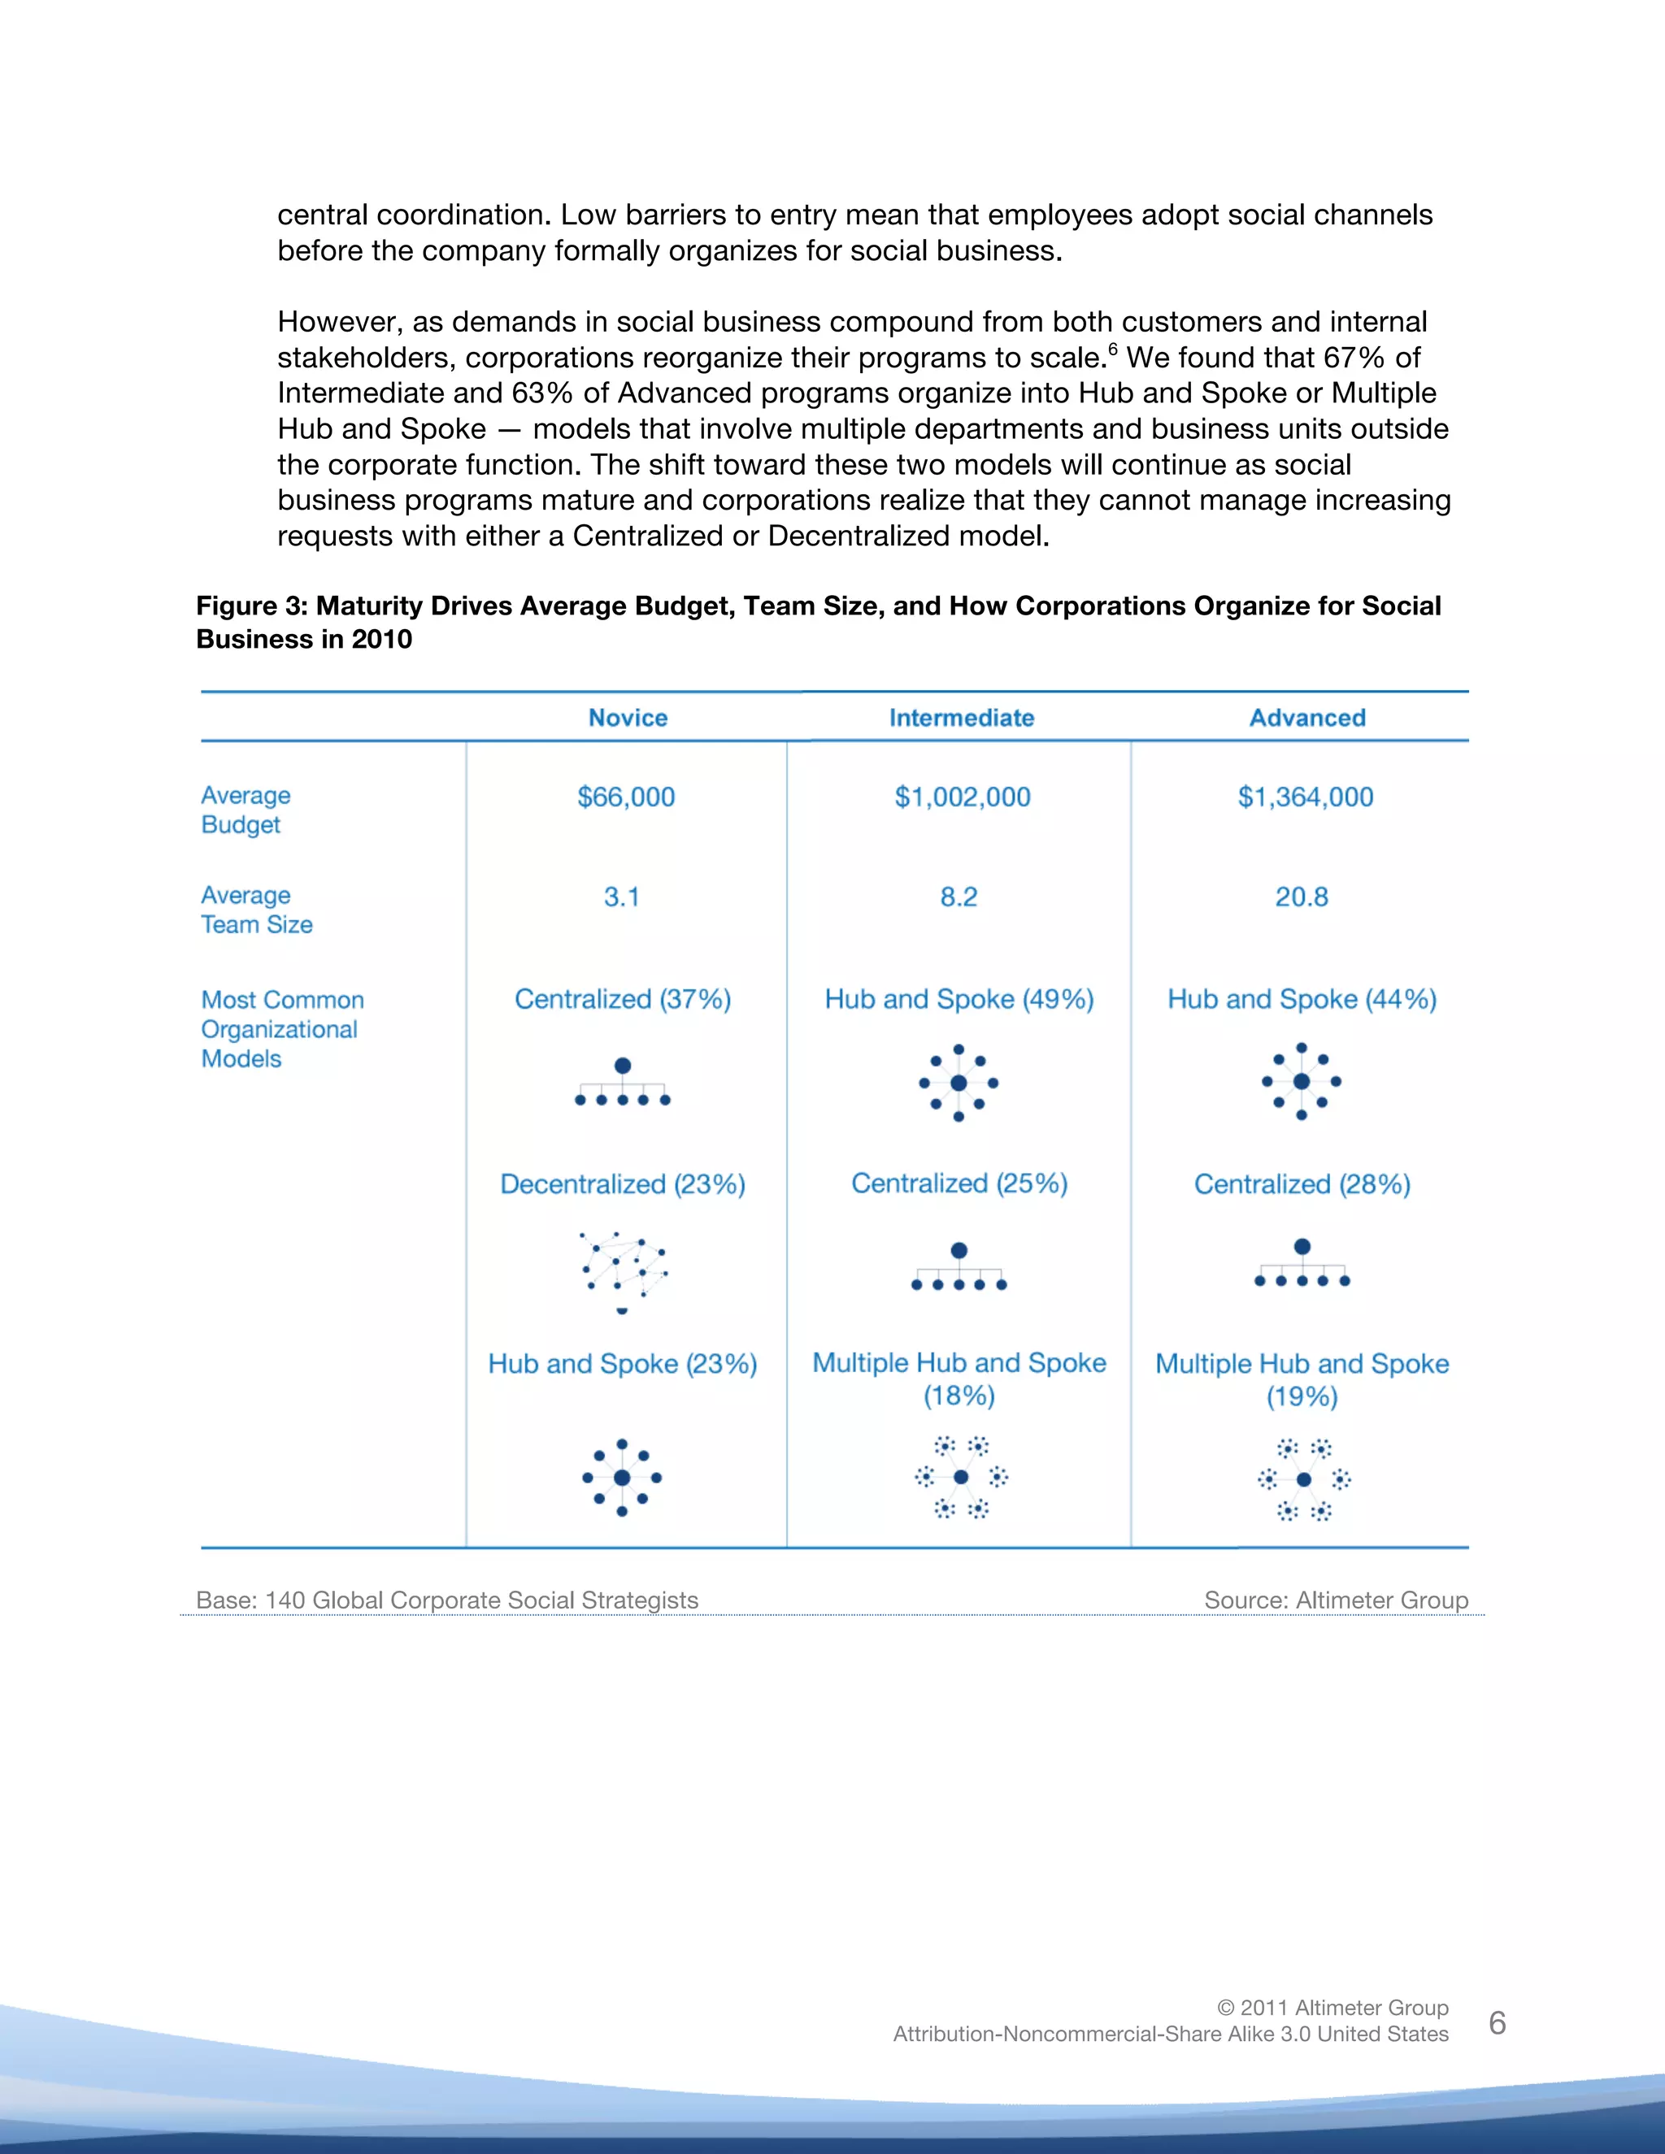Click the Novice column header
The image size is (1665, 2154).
pos(628,717)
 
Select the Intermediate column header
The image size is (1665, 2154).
pos(961,717)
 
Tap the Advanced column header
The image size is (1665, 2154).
pos(1307,717)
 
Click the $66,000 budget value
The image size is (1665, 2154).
pos(625,797)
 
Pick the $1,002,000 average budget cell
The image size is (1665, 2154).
pos(962,797)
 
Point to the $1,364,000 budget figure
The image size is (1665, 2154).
pos(1305,797)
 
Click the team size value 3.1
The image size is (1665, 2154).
pos(621,897)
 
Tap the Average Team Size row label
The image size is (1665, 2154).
pos(256,910)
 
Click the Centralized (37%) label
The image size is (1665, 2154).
pos(623,999)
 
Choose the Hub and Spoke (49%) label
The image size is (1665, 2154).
pos(959,999)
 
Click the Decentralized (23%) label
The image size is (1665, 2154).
pos(623,1183)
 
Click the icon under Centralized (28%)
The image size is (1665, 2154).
pos(1302,1265)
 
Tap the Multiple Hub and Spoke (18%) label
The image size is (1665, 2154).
pos(959,1378)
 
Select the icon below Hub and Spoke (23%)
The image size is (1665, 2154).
pos(621,1476)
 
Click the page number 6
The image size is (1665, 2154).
pos(1497,2023)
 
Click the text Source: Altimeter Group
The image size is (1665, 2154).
pos(1336,1600)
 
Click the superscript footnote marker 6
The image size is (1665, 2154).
pos(1113,350)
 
